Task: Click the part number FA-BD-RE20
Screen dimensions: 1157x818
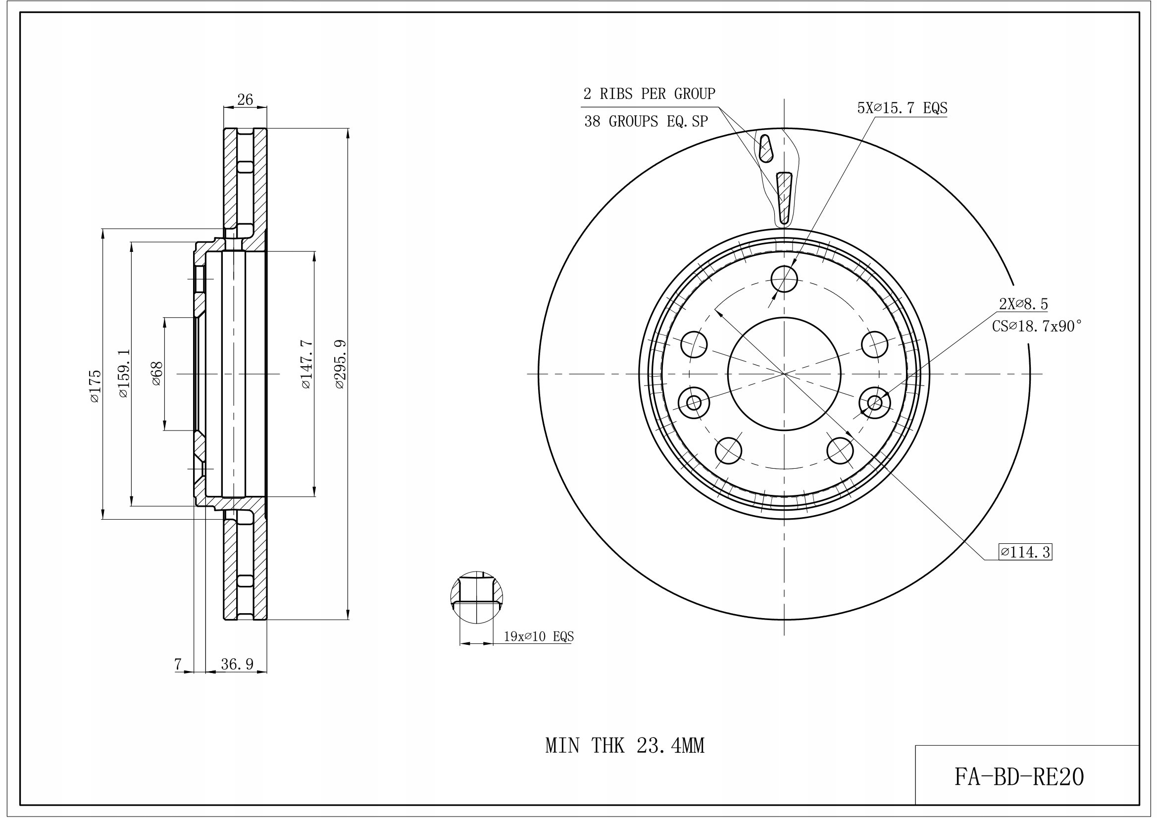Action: [1019, 777]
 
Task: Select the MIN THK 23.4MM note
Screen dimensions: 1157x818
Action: [625, 745]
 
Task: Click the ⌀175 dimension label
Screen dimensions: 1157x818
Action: [95, 386]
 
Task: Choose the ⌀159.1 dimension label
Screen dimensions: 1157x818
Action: [123, 374]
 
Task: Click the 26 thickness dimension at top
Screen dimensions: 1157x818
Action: [245, 100]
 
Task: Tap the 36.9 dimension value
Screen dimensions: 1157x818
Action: [237, 665]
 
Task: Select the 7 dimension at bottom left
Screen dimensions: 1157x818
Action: [178, 665]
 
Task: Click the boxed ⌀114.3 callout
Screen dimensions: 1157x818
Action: [1025, 553]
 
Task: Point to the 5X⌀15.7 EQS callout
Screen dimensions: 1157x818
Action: [903, 108]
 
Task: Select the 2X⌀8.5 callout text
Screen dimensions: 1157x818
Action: [1023, 304]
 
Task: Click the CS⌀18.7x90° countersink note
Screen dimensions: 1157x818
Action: [1037, 327]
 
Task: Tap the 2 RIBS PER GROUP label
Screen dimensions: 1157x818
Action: [649, 94]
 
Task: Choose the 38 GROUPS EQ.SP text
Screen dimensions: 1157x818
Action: [646, 121]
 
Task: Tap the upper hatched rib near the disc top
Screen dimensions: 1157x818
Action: [765, 148]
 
